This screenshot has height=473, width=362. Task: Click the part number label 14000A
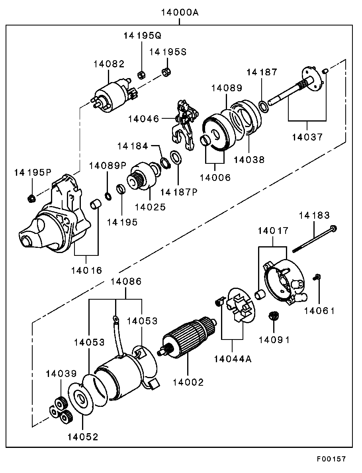[180, 12]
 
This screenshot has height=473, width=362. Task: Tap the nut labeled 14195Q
[140, 74]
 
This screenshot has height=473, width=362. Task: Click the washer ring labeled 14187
[263, 106]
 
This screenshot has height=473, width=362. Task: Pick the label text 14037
[307, 137]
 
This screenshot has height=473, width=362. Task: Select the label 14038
[249, 160]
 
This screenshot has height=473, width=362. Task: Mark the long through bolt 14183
[315, 239]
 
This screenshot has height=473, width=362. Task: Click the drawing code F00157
[331, 459]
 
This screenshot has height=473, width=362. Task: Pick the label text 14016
[87, 270]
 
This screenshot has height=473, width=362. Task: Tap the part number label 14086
[126, 281]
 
